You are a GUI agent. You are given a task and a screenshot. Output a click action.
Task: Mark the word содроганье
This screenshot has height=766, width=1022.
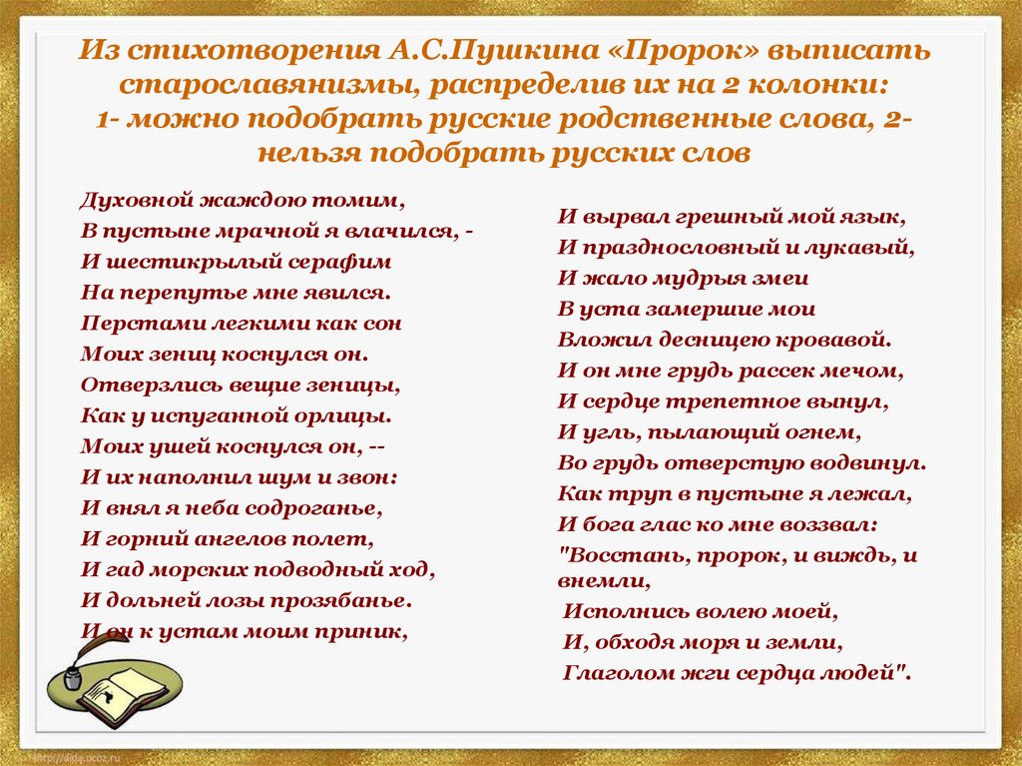pyautogui.click(x=320, y=507)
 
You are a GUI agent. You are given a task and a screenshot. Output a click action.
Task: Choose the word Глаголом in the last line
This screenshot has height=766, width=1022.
pyautogui.click(x=615, y=672)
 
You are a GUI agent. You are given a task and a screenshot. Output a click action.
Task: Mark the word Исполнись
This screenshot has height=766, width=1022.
pyautogui.click(x=616, y=610)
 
